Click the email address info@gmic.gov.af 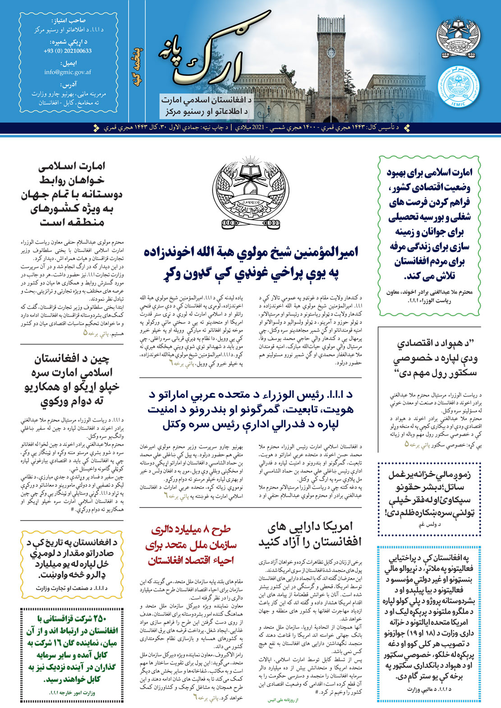(x=68, y=72)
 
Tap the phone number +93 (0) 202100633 (x=68, y=51)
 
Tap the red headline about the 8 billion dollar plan (x=191, y=545)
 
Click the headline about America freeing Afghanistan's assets (x=310, y=534)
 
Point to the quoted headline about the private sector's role (x=429, y=358)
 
